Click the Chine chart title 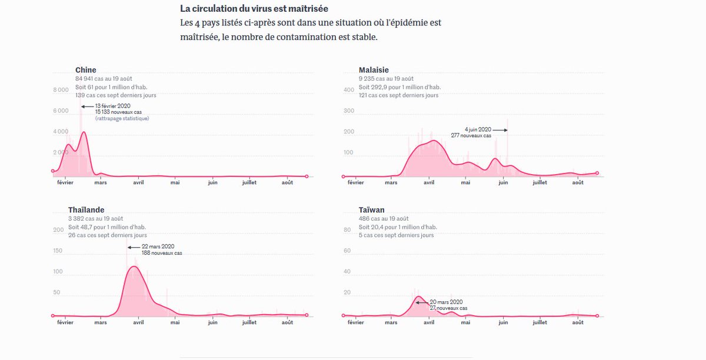[x=85, y=70]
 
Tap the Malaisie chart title [x=374, y=70]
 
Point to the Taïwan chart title [x=372, y=210]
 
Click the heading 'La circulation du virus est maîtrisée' [x=254, y=9]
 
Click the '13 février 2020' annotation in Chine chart [x=112, y=106]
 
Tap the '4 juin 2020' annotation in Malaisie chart [x=477, y=129]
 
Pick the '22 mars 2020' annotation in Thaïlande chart [x=158, y=246]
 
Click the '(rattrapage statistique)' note [x=122, y=119]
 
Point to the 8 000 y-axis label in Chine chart [x=61, y=90]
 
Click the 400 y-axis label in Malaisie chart [x=349, y=90]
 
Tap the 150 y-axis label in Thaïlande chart [x=58, y=251]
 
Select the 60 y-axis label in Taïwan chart [x=347, y=251]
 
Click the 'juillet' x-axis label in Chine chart [x=253, y=182]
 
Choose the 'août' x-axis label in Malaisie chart [x=578, y=182]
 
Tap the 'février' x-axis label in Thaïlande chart [x=65, y=322]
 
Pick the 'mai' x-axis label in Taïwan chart [x=466, y=322]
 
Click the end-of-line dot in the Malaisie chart [x=597, y=173]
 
